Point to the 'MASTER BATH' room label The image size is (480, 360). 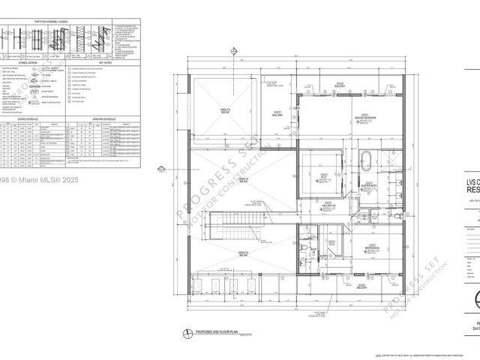368,183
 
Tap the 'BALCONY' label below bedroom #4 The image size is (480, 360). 361,285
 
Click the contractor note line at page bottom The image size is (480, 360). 421,355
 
